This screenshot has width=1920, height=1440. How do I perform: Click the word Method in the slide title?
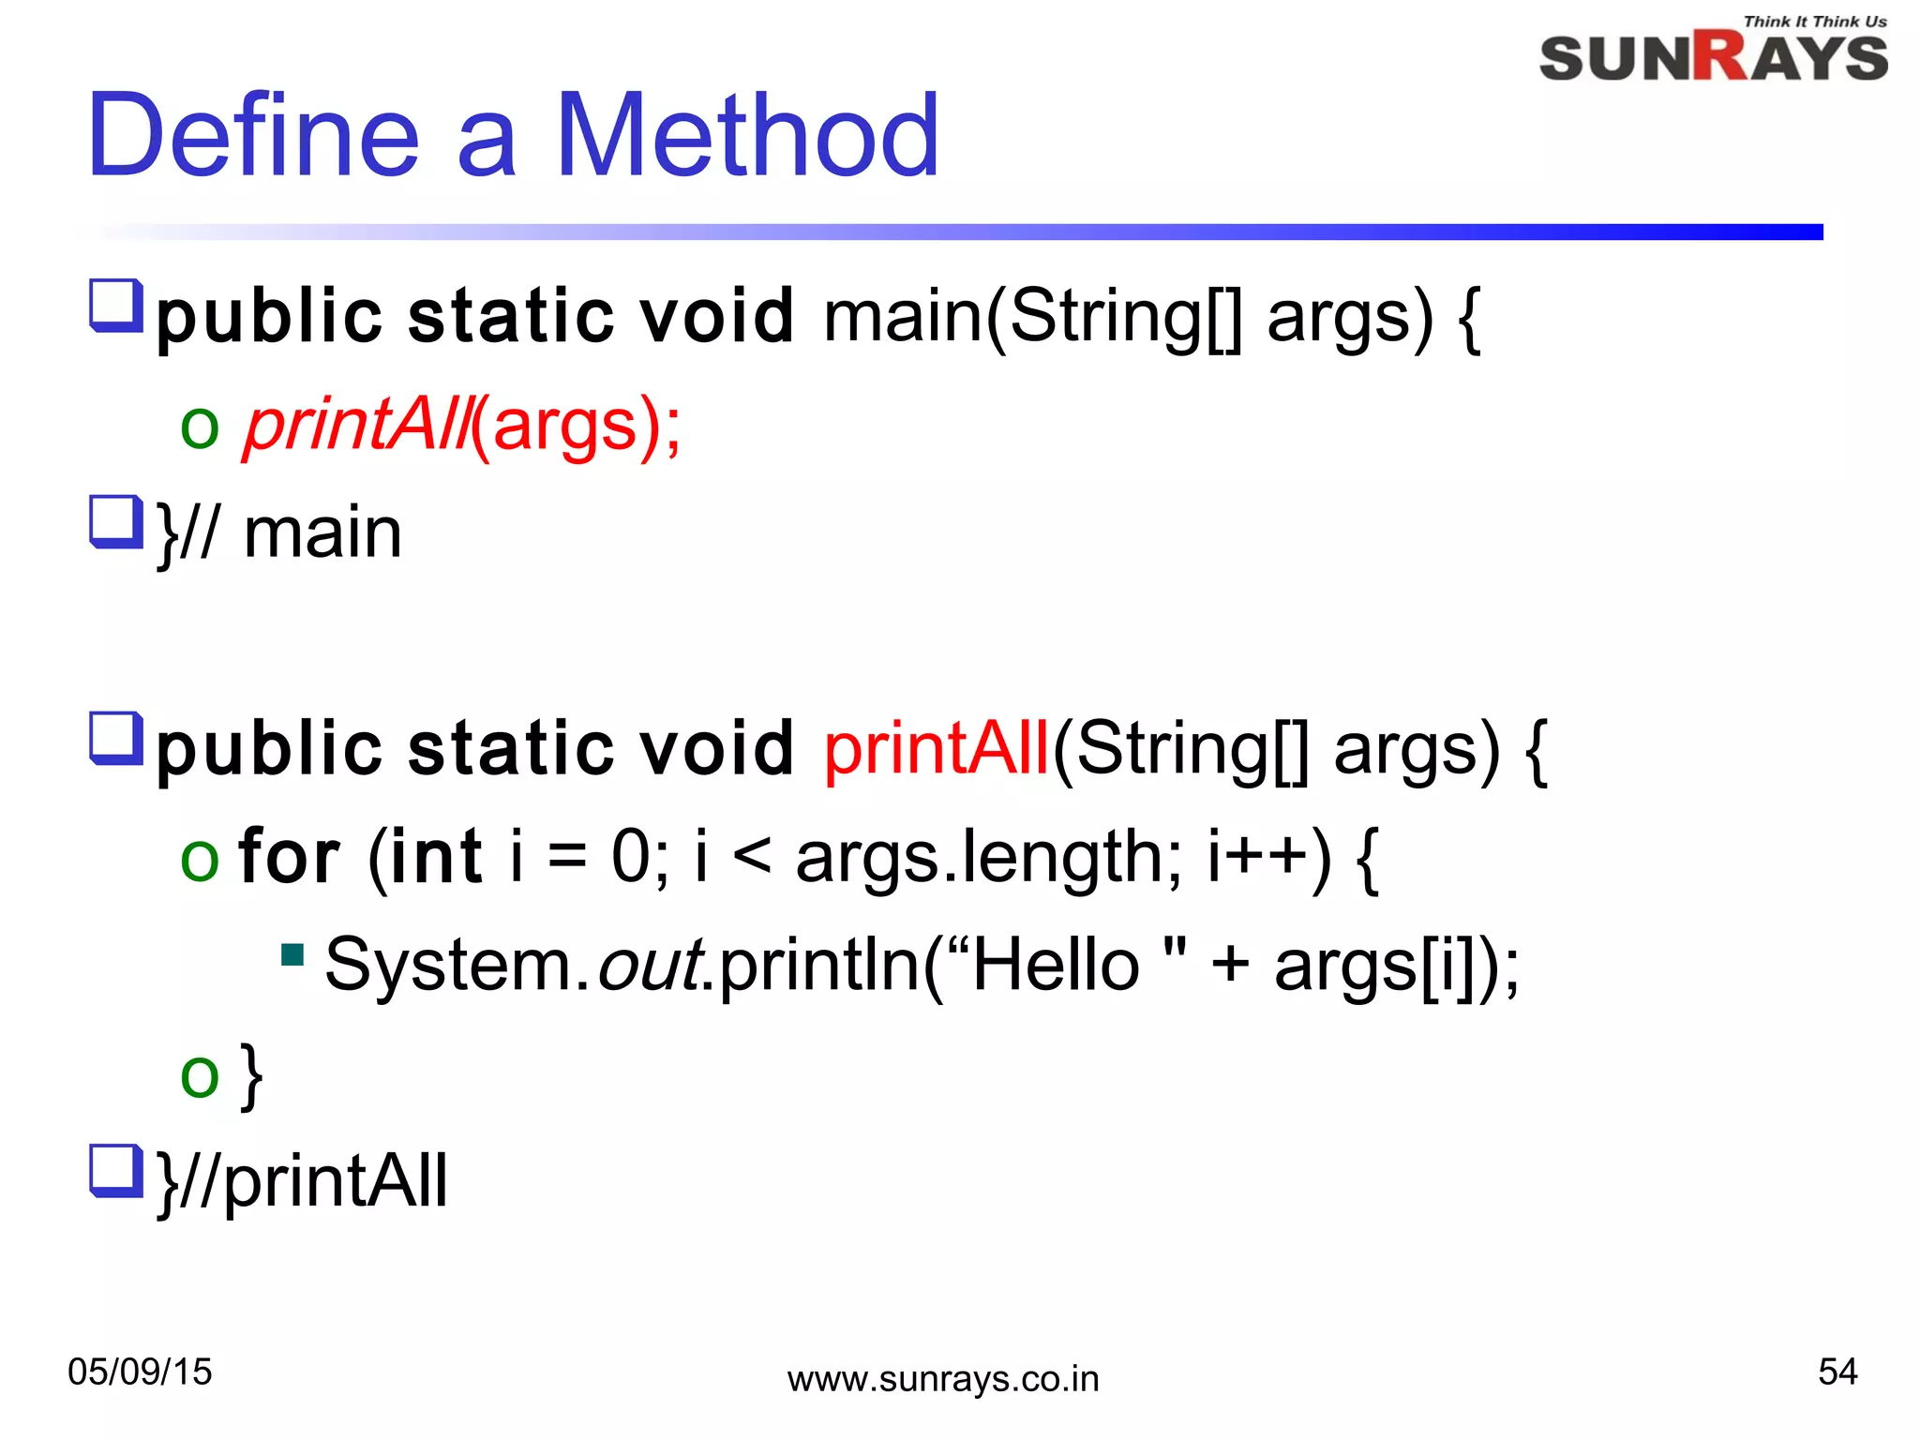click(747, 135)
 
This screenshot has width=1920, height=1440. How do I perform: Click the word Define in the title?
click(253, 135)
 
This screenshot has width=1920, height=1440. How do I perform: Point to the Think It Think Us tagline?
click(1814, 22)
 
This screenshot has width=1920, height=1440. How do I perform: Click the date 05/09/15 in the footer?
click(140, 1372)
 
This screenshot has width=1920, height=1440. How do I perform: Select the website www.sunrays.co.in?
click(942, 1379)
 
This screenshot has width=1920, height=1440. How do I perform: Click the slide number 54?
click(1837, 1372)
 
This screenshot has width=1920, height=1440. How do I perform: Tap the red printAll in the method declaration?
click(936, 749)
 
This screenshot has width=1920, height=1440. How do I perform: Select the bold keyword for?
click(289, 857)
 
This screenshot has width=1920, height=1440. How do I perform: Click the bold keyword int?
click(435, 857)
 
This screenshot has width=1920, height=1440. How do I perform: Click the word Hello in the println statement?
click(1055, 966)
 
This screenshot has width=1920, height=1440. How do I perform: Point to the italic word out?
click(651, 966)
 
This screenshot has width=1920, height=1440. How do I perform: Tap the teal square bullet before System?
click(292, 955)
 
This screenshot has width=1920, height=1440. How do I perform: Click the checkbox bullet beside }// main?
click(115, 521)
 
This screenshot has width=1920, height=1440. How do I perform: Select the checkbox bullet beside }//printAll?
click(115, 1170)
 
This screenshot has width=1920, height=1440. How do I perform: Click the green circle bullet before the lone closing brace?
click(200, 1075)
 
